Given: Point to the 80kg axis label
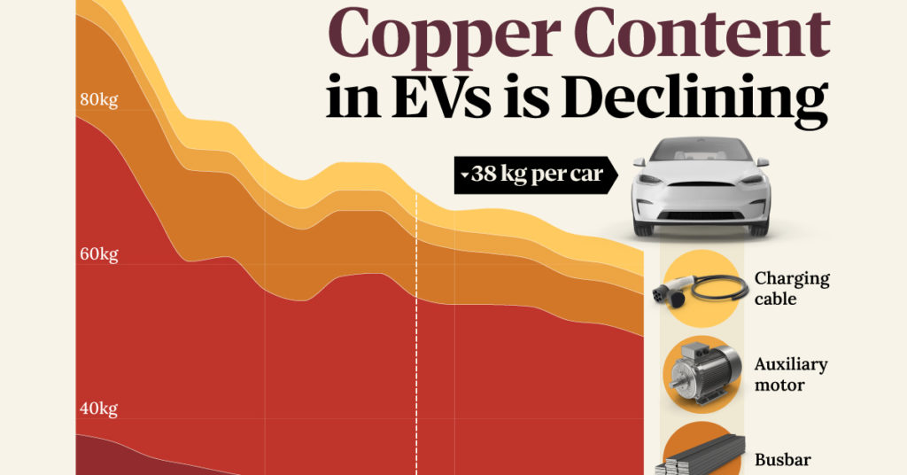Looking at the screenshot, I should click(98, 99).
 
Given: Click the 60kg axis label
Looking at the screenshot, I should click(98, 255).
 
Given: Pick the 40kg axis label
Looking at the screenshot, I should click(98, 409).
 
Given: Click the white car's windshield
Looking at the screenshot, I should click(701, 152).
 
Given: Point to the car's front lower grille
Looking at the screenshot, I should click(701, 215).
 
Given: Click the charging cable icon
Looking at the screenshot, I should click(701, 288).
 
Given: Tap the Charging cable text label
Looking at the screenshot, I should click(791, 288).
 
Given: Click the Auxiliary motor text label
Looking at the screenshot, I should click(791, 374).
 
